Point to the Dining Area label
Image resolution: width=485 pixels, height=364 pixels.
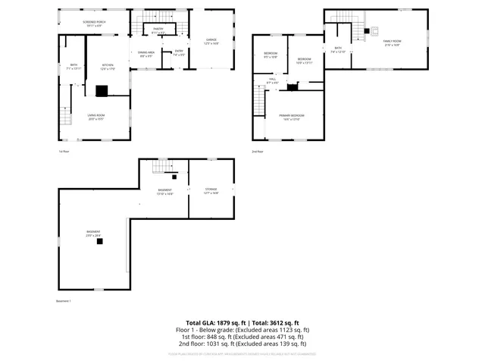click(x=146, y=53)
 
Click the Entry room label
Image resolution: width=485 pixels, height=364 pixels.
click(x=178, y=53)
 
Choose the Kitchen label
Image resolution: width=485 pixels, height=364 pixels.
click(x=108, y=67)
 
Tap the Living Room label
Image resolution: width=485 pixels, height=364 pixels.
click(x=95, y=117)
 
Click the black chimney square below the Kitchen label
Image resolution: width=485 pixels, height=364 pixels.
click(x=102, y=90)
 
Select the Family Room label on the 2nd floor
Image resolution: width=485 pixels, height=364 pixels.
click(x=392, y=42)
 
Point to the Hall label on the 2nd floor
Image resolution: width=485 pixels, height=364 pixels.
click(x=272, y=80)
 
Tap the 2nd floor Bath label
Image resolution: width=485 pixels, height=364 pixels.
click(x=337, y=50)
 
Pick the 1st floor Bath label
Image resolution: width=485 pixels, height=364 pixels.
click(x=74, y=67)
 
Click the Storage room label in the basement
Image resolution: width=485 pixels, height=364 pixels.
click(x=211, y=191)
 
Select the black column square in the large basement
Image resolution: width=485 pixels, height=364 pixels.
click(x=99, y=242)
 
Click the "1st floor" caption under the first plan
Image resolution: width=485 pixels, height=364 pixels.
click(x=64, y=152)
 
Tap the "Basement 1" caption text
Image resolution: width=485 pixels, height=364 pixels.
click(x=64, y=301)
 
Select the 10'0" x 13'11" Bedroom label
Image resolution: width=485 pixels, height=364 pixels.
click(x=305, y=61)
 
